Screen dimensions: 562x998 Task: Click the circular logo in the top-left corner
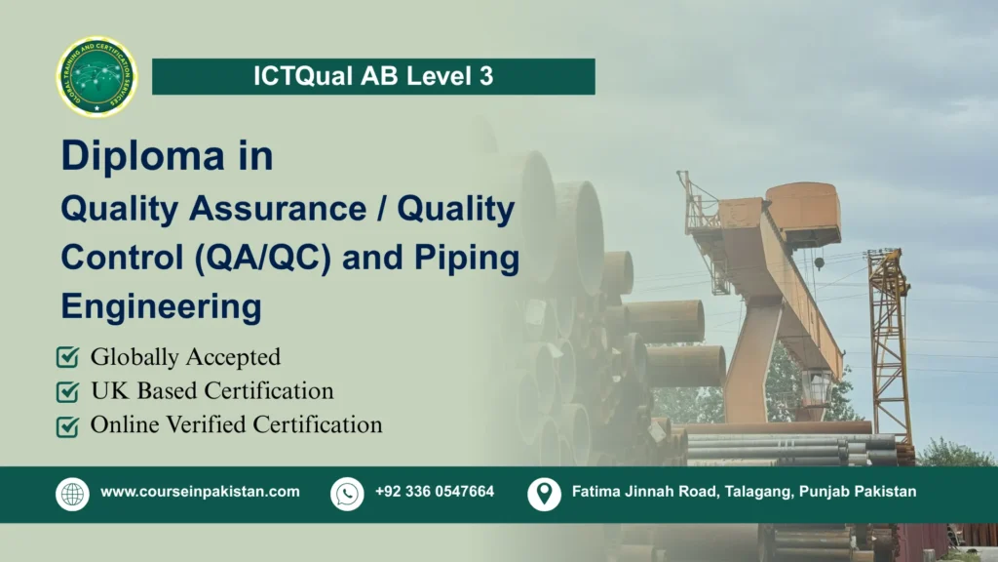click(97, 77)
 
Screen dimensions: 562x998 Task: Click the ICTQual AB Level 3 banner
click(373, 77)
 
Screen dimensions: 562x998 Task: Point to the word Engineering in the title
click(161, 306)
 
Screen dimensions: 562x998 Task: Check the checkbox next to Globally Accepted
click(67, 358)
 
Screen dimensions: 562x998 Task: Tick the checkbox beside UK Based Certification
click(67, 392)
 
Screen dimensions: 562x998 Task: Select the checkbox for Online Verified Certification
click(67, 426)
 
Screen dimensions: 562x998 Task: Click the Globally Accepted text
click(185, 358)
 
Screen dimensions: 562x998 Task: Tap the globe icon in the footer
click(72, 494)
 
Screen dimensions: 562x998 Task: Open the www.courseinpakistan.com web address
click(200, 492)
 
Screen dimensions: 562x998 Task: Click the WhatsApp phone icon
click(347, 494)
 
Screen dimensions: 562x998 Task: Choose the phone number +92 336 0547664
click(435, 492)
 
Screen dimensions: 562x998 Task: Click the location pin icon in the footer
click(544, 494)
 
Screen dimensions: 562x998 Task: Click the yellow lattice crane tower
click(888, 341)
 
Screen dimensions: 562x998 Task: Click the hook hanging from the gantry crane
click(820, 262)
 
